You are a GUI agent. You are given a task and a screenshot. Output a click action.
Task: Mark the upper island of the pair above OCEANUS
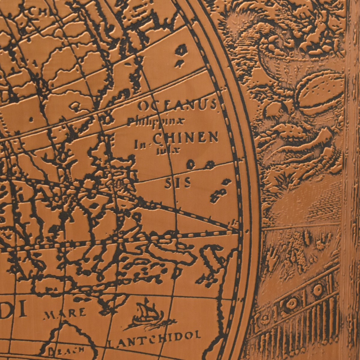point(181,50)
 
